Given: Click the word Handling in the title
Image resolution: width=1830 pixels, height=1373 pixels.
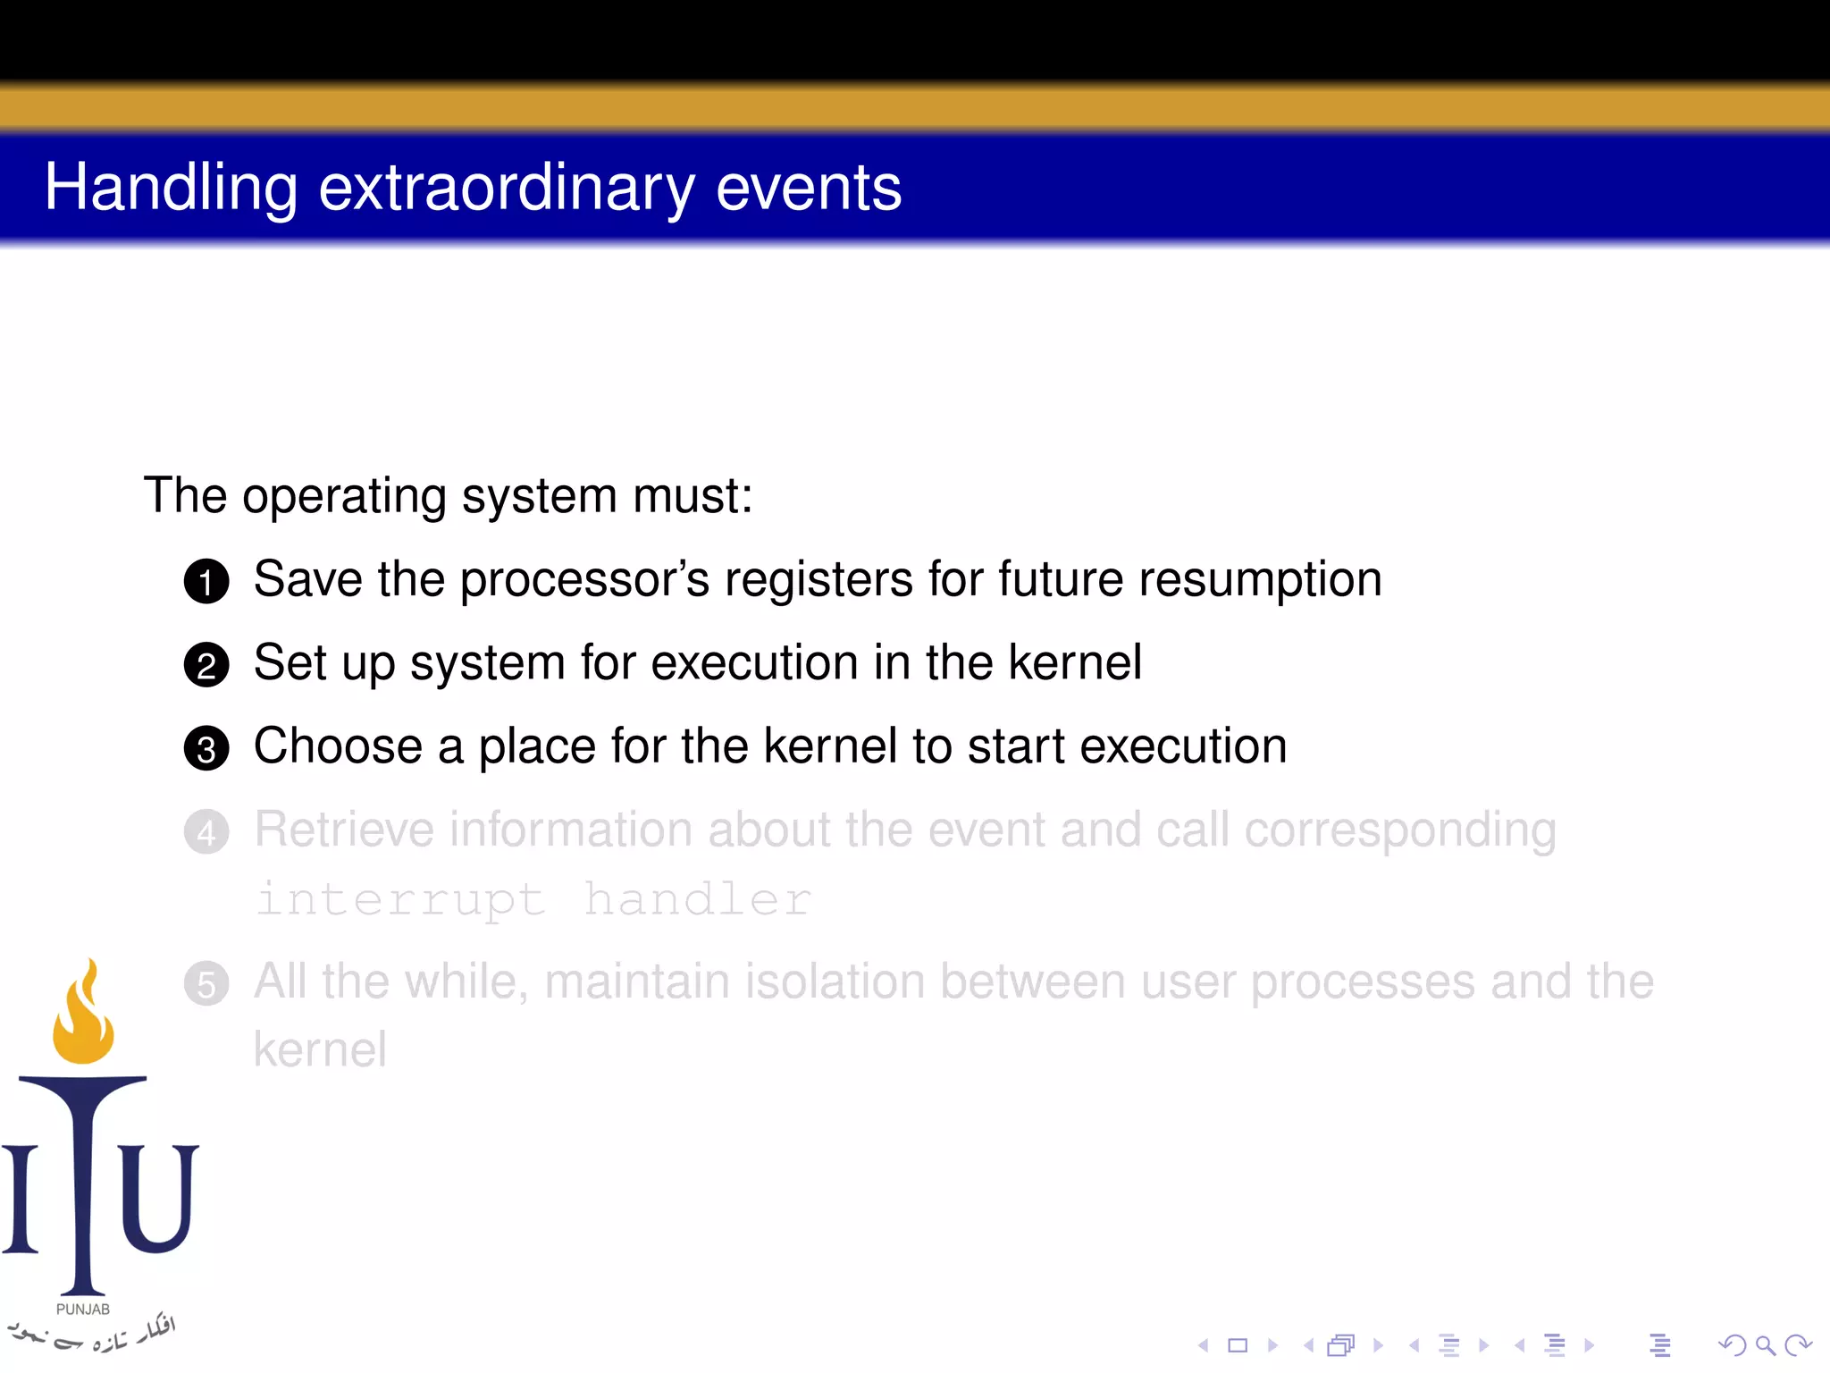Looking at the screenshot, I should pos(171,188).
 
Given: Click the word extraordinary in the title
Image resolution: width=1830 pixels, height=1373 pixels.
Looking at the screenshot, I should pos(506,188).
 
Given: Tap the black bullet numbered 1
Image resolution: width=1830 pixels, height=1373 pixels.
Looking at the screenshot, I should pos(206,581).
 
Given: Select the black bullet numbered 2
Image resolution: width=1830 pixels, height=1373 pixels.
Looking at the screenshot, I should pos(206,665).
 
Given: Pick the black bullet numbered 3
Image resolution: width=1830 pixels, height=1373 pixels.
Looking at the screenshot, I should pos(206,748).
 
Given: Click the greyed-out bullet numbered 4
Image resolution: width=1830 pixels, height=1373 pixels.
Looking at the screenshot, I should pos(206,832).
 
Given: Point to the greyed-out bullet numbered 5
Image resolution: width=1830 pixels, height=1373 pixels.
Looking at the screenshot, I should pos(206,984).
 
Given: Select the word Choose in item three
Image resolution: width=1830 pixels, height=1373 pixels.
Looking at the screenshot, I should pos(338,746).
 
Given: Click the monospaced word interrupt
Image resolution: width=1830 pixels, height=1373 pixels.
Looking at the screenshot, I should pos(400,898).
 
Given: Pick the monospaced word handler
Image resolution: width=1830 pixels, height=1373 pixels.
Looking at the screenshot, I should pos(697,898).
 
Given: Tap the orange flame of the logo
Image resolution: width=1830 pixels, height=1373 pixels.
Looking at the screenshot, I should pos(84,1019).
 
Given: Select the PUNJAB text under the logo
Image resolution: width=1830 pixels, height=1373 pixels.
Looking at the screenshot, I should pos(83,1309).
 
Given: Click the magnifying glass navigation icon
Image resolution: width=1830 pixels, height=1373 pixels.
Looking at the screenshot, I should pos(1765,1344).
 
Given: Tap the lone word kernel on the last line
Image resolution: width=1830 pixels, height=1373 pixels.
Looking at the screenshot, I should pos(320,1049).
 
